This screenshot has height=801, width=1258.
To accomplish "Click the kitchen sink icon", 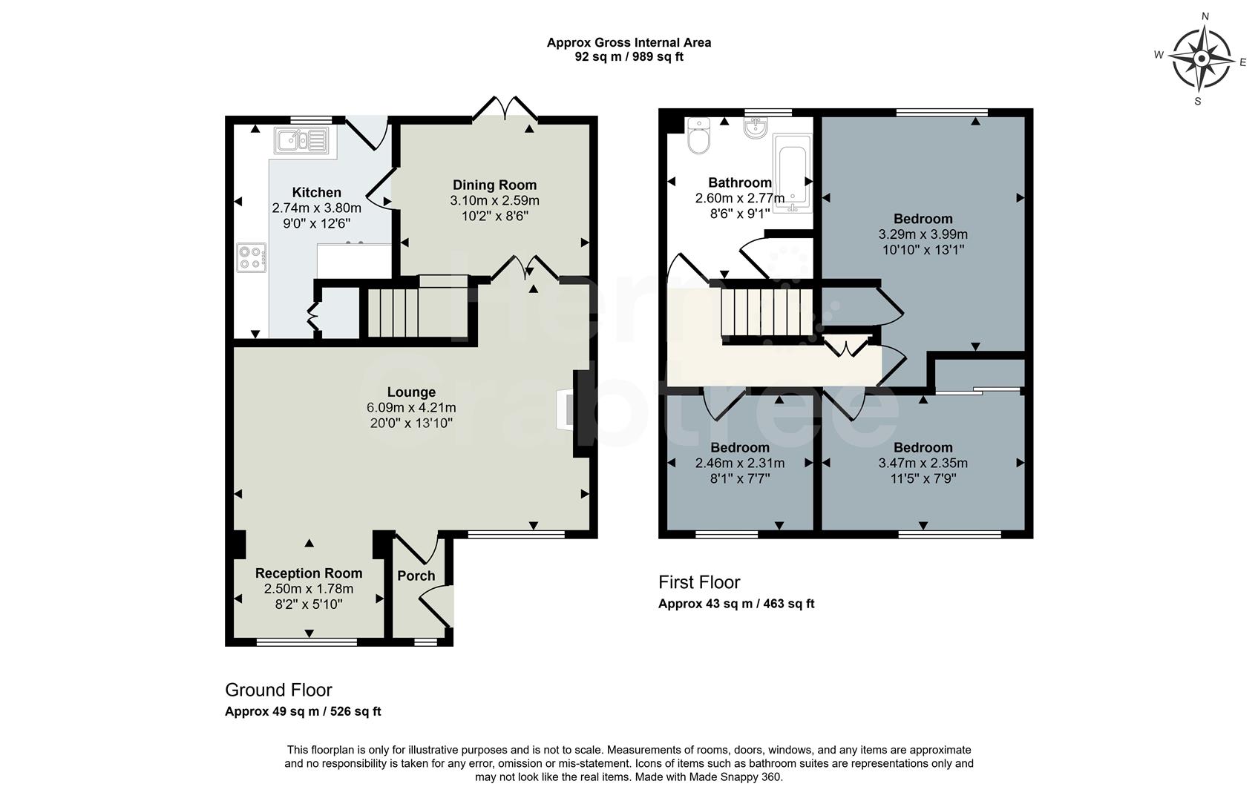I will (x=301, y=139).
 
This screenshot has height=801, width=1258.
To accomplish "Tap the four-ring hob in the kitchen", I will (x=252, y=258).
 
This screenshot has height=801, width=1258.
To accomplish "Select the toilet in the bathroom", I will (x=698, y=135).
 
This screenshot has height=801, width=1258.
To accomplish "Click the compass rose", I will (x=1201, y=59).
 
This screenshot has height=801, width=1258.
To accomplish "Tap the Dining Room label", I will (x=494, y=185).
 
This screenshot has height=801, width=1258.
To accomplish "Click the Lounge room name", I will (x=411, y=392).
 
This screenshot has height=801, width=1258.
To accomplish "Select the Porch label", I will (x=416, y=576).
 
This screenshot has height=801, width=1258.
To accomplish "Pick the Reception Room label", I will (x=309, y=573).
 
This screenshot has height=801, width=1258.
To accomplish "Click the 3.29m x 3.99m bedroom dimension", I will (x=923, y=234).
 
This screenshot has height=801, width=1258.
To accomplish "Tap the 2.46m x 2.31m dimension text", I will (x=739, y=464).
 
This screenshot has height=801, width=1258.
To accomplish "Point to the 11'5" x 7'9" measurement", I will (x=923, y=479).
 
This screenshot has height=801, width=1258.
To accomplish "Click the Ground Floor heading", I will (x=278, y=690).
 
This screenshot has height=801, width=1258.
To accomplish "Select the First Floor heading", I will (x=699, y=582).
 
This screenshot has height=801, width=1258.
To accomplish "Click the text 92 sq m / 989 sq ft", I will (x=629, y=57).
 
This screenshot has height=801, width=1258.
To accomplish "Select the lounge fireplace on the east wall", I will (x=572, y=410).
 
